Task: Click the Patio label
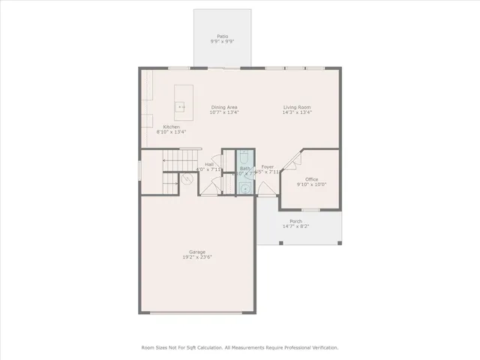tap(222, 36)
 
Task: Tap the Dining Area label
tap(225, 107)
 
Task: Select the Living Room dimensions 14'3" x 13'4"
tap(297, 112)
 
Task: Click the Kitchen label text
tap(172, 127)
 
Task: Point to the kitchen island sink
tap(181, 107)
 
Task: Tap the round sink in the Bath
tap(244, 187)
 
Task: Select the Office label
tap(312, 179)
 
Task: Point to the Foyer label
tap(267, 166)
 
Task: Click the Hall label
tap(210, 164)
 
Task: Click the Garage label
tap(197, 252)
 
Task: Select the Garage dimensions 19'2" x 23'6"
tap(197, 257)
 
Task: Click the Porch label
tap(296, 221)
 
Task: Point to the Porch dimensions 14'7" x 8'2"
tap(296, 226)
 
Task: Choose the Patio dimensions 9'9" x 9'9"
tap(222, 41)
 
